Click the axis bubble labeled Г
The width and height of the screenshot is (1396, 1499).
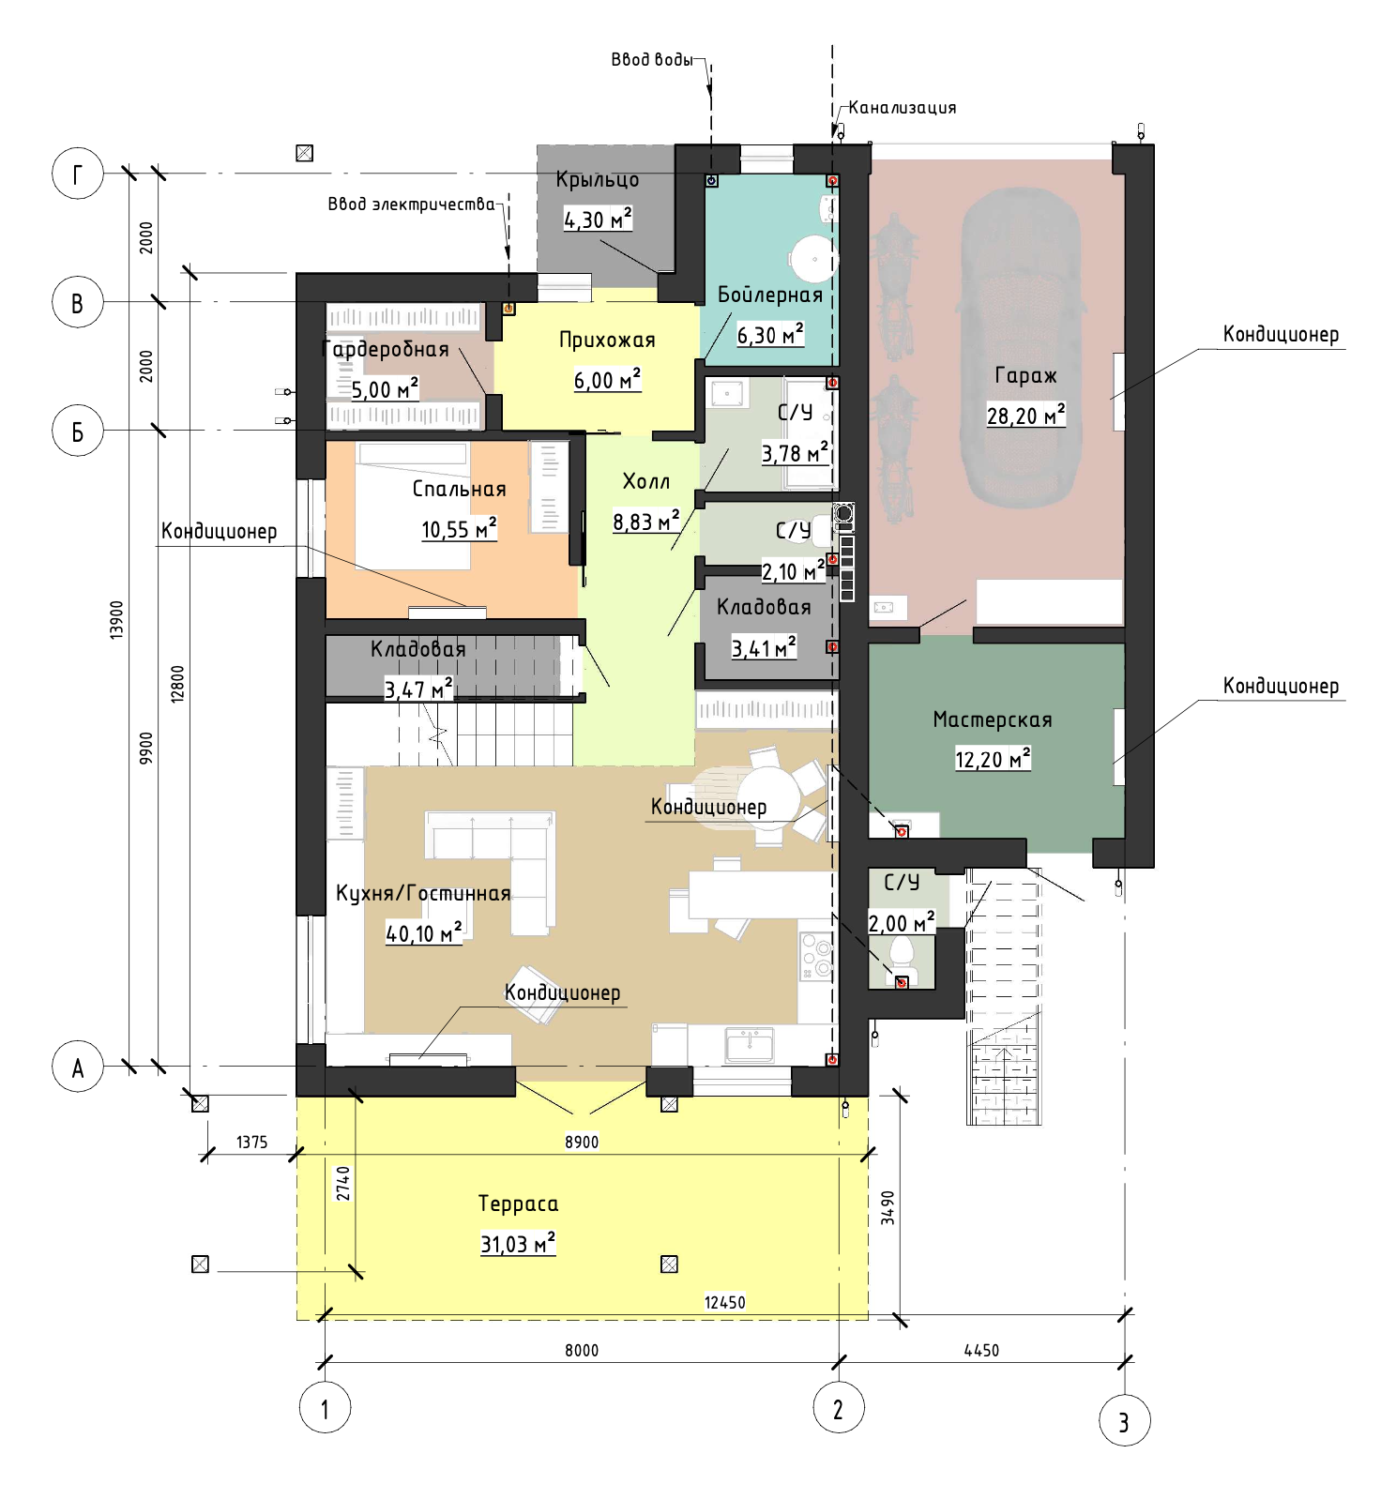click(x=77, y=173)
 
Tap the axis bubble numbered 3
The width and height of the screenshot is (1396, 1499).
click(x=1124, y=1420)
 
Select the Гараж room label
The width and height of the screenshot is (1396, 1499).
click(x=1025, y=376)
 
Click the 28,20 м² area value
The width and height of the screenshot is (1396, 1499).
click(x=1025, y=415)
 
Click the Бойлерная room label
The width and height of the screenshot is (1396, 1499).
click(x=769, y=295)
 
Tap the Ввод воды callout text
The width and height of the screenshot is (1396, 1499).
click(x=652, y=60)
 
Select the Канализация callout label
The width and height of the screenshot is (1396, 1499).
click(x=903, y=108)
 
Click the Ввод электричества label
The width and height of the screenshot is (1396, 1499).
click(x=411, y=204)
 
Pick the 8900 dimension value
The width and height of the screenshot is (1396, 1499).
click(x=582, y=1142)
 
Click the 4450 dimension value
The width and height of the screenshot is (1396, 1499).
click(x=981, y=1350)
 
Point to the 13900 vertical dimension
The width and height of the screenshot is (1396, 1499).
click(x=116, y=620)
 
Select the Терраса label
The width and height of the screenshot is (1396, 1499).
click(x=518, y=1204)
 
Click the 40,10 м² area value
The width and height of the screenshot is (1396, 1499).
click(x=424, y=932)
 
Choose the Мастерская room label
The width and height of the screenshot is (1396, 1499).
click(x=993, y=719)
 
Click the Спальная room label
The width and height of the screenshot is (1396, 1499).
click(x=459, y=489)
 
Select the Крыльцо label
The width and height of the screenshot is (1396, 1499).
click(x=598, y=180)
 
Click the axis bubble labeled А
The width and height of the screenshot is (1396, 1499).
click(x=77, y=1067)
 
